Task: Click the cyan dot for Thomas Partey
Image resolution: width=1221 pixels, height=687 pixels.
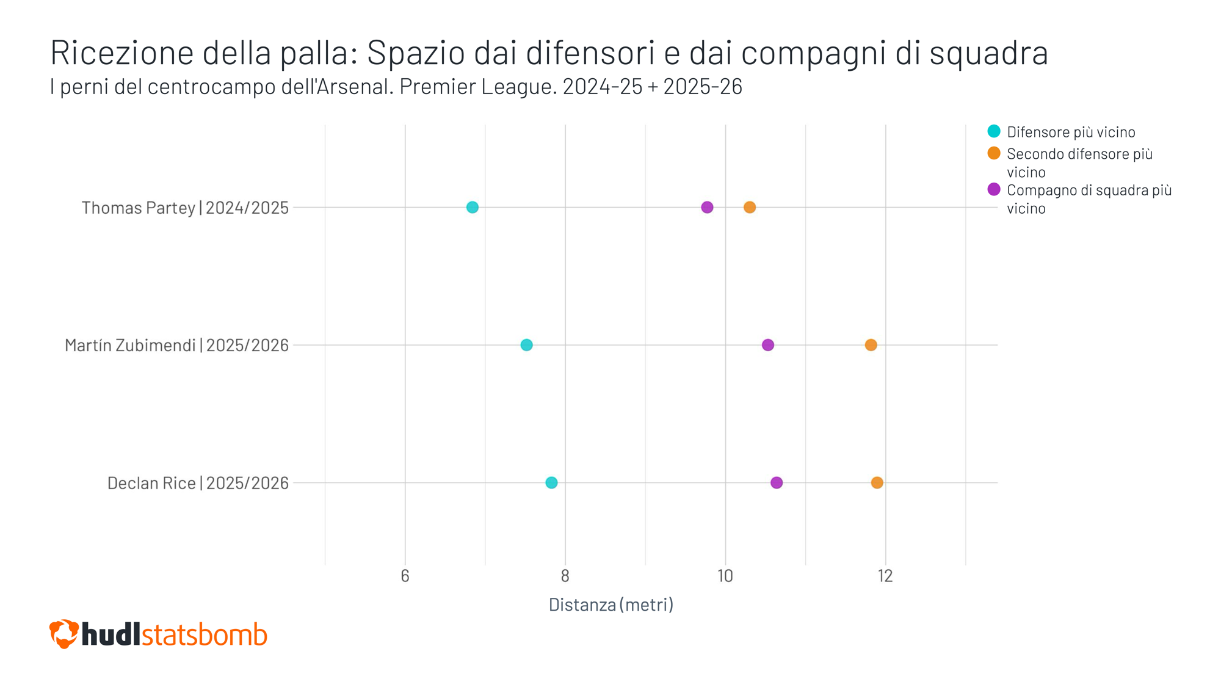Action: (472, 208)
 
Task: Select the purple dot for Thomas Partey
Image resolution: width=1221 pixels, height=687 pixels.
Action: (707, 208)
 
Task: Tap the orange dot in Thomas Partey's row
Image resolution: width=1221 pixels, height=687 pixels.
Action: (750, 208)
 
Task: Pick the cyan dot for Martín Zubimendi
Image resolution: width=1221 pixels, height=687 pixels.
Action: (526, 345)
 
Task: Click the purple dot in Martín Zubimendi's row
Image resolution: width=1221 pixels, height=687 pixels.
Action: (768, 345)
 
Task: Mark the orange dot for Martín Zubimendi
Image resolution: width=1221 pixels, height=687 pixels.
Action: (871, 345)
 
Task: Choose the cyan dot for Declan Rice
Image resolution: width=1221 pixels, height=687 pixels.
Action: (551, 483)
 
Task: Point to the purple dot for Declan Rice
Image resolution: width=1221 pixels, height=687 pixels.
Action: (777, 483)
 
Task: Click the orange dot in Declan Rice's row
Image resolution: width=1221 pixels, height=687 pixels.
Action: (877, 483)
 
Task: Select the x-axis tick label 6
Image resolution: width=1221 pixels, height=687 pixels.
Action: (405, 576)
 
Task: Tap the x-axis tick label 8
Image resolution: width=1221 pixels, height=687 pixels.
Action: (565, 576)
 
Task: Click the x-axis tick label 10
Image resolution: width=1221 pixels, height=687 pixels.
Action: (725, 576)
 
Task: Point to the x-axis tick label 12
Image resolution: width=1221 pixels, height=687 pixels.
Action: (885, 576)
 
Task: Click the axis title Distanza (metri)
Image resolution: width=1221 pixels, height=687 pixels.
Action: (610, 605)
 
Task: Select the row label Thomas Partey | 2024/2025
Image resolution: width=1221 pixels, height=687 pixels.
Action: (185, 208)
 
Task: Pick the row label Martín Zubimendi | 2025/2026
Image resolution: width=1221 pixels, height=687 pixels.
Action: (176, 346)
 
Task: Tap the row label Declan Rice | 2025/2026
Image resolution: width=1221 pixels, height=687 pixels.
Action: (198, 484)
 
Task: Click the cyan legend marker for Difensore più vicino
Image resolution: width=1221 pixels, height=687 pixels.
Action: (994, 131)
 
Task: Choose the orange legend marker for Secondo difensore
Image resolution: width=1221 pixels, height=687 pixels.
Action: (994, 153)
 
